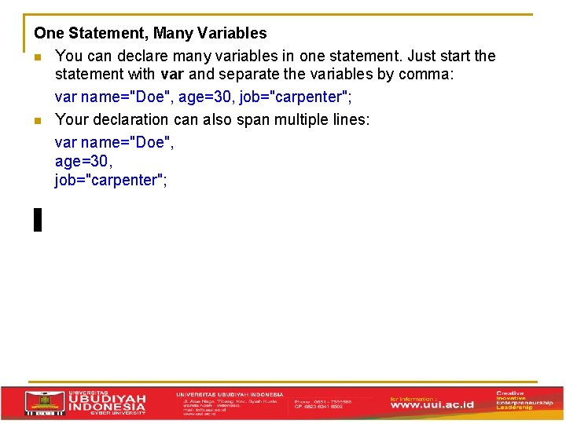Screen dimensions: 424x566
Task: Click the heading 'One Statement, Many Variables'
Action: pos(150,33)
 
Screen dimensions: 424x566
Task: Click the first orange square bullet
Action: pos(37,57)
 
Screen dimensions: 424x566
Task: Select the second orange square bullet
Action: pos(37,120)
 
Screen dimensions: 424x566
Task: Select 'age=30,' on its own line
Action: pos(84,161)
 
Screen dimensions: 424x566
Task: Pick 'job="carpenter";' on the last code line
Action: pos(111,180)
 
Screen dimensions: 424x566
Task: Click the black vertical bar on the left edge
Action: pos(37,219)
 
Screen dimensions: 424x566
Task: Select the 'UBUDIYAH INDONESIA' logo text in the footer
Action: pos(107,402)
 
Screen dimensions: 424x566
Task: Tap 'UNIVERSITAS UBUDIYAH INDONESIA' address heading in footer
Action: pos(230,394)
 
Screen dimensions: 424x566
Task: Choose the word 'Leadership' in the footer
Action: pos(515,408)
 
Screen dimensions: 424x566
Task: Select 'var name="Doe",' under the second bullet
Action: pos(115,142)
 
